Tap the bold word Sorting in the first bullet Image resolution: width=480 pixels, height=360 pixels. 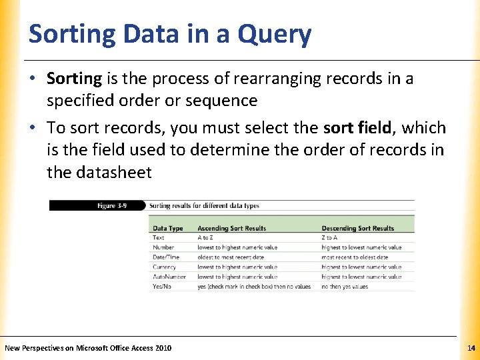(x=73, y=79)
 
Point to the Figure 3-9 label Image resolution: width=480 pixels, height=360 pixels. (x=115, y=205)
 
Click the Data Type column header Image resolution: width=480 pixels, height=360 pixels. (x=168, y=228)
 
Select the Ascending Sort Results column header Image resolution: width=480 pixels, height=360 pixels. (x=231, y=228)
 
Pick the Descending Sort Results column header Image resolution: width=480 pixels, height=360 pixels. (x=358, y=228)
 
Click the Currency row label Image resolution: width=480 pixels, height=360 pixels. (x=164, y=267)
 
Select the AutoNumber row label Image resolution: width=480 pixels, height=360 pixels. (x=168, y=277)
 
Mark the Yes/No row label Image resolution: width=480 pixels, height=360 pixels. (x=162, y=287)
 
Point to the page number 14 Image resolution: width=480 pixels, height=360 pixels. (x=471, y=348)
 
